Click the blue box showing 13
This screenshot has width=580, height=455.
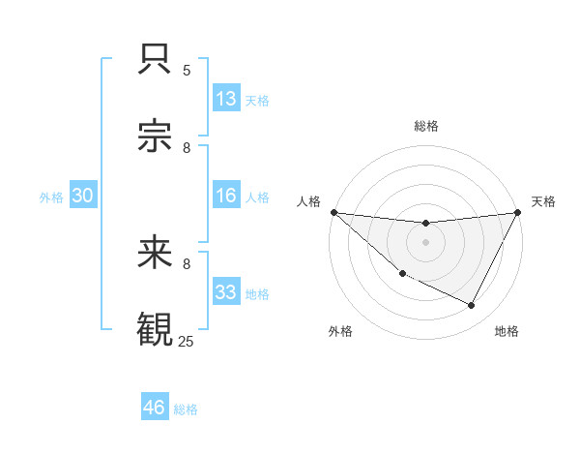coord(226,99)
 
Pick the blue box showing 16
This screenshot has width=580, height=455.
coord(226,197)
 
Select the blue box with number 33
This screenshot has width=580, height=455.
coord(226,292)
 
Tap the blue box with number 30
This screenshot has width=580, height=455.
coord(83,197)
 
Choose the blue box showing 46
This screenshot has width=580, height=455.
coord(154,408)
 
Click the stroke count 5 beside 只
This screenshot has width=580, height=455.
coord(187,71)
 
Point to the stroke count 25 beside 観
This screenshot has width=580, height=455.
coord(187,341)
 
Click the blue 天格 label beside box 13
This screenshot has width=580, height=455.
coord(257,100)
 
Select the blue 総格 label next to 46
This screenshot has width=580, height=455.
coord(186,409)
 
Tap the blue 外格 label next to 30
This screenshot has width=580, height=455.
coord(51,197)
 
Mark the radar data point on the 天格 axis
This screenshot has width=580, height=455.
coord(518,212)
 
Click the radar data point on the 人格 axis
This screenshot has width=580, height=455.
coord(333,212)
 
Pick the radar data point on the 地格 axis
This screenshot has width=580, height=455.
coord(472,306)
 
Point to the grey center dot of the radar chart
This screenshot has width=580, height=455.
coord(425,242)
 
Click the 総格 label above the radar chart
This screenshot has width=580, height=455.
coord(425,126)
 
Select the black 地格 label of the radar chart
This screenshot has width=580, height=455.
coord(507,331)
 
